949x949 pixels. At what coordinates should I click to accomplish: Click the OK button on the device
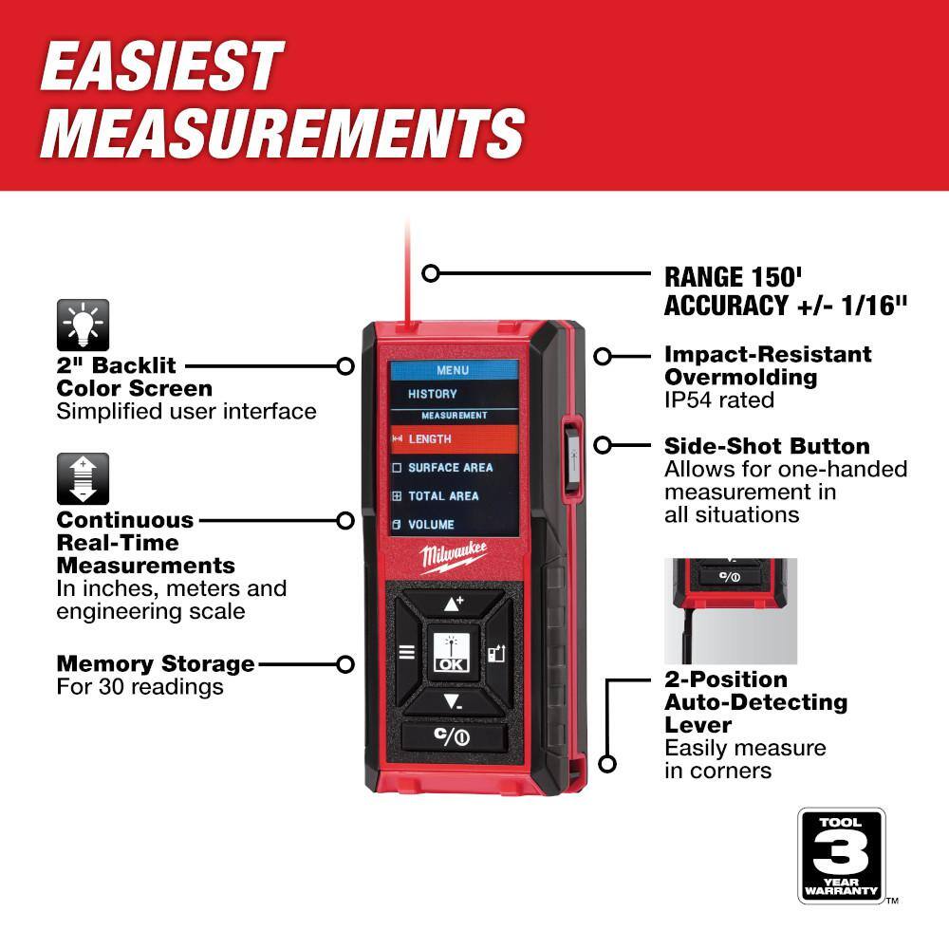[x=451, y=652]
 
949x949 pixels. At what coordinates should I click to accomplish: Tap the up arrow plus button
[x=452, y=604]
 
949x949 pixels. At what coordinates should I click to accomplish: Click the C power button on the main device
[x=452, y=737]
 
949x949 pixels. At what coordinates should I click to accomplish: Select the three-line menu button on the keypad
[x=406, y=652]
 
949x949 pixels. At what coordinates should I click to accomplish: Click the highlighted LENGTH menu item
[x=454, y=439]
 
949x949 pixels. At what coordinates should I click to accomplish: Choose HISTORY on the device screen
[x=433, y=394]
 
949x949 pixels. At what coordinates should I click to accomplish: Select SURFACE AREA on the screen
[x=450, y=468]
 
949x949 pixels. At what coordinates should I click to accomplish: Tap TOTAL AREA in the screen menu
[x=443, y=496]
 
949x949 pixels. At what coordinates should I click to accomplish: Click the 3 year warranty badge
[x=841, y=855]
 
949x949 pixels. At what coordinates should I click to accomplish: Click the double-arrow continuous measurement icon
[x=83, y=478]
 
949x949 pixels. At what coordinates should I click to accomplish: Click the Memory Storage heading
[x=156, y=663]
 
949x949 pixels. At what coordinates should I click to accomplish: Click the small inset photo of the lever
[x=730, y=610]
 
